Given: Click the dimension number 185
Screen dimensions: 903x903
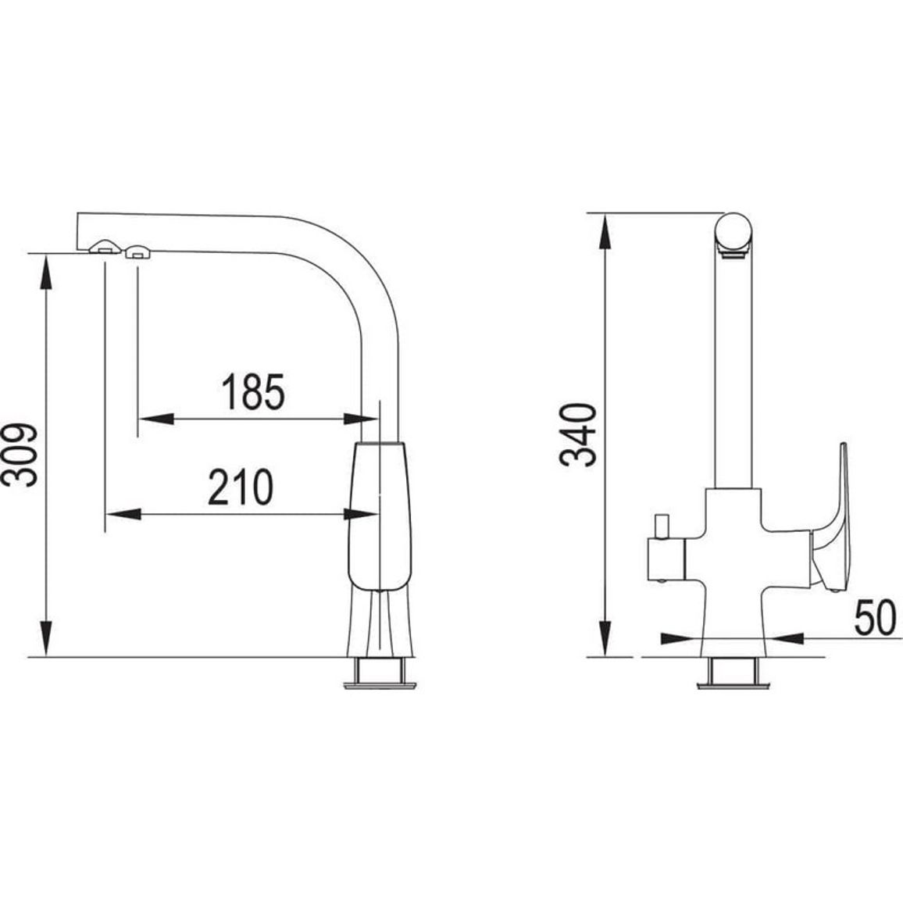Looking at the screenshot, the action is tap(253, 391).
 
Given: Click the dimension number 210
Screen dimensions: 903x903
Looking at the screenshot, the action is tap(241, 487).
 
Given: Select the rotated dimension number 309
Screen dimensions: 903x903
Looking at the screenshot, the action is tap(20, 455).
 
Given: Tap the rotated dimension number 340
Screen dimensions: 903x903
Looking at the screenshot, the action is tap(578, 435).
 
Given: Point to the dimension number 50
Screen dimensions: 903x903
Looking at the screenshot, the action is tap(875, 617).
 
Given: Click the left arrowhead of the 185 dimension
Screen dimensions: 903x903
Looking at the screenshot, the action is tap(156, 419).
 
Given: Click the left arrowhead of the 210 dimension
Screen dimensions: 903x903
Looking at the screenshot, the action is tap(123, 514).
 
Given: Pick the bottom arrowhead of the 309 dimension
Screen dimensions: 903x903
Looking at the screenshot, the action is tap(47, 638).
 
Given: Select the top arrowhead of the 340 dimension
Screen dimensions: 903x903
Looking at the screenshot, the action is tap(604, 231).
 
